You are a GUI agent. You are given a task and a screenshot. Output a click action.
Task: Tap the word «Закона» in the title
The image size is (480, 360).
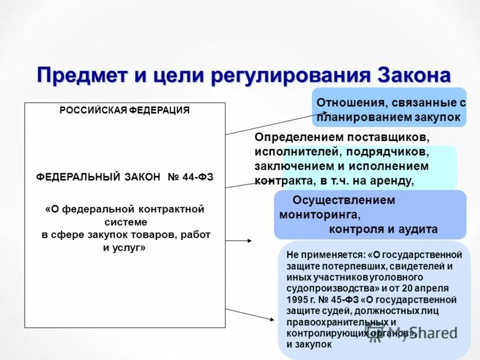tap(414, 76)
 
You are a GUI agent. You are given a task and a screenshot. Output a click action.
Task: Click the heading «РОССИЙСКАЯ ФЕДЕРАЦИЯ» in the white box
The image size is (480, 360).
tap(124, 110)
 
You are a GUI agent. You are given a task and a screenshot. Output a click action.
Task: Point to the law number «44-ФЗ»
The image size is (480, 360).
tap(198, 177)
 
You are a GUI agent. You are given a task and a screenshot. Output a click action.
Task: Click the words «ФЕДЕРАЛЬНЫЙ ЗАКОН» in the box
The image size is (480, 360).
tap(98, 177)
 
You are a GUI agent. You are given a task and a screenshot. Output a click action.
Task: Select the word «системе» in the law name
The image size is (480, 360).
tap(125, 221)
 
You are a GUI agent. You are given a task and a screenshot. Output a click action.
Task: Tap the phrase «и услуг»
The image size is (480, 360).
tap(125, 247)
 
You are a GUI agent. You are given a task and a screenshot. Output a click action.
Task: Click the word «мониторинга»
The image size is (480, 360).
tap(320, 214)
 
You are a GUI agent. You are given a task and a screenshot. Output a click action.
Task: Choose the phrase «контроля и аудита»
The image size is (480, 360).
tap(383, 229)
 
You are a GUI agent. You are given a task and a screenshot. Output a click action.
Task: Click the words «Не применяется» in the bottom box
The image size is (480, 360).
tap(316, 254)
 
